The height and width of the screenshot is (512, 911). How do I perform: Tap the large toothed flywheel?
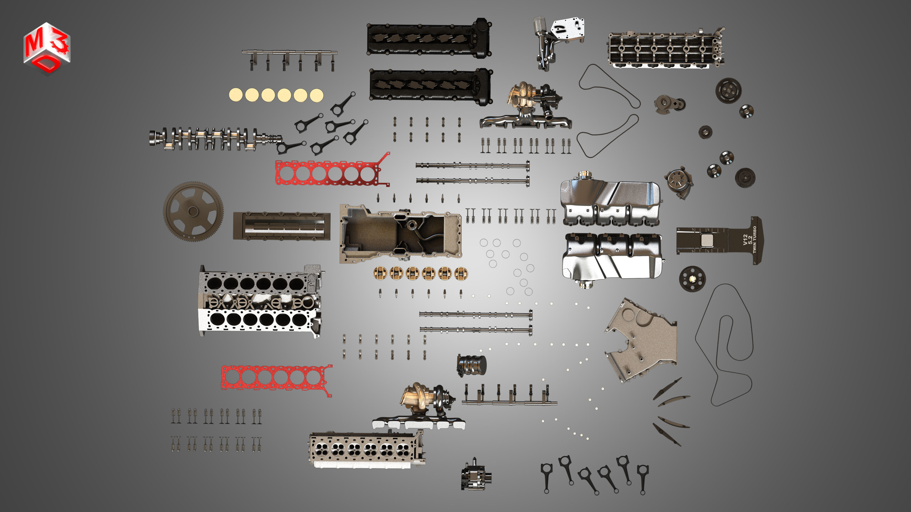[x=193, y=211]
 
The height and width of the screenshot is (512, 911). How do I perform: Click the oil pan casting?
[x=400, y=233]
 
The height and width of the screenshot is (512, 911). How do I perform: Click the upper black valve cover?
[x=428, y=39]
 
